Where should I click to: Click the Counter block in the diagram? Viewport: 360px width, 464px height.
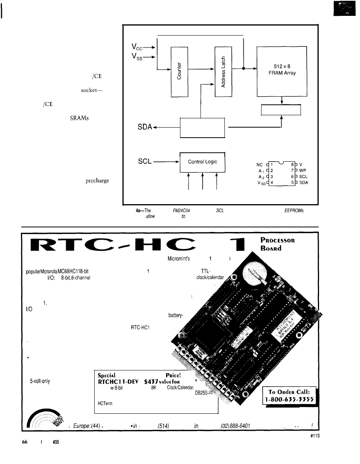pos(179,72)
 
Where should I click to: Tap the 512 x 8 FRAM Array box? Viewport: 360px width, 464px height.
pos(282,70)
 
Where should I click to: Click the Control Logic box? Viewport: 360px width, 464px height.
pos(203,162)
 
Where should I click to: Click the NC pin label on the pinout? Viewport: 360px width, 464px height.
pos(260,164)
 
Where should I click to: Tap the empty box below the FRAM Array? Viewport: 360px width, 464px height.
pos(281,110)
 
